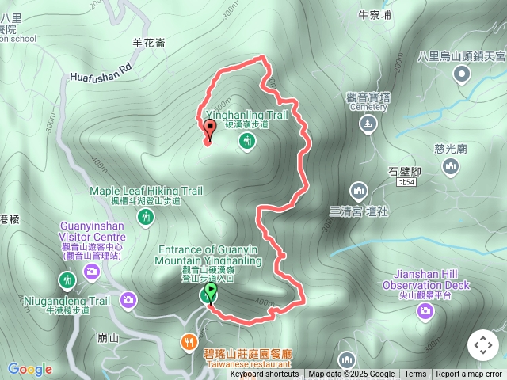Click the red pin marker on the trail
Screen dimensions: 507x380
(x=210, y=129)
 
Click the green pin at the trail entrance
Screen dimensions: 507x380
(x=210, y=292)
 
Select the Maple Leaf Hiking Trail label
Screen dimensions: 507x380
(x=147, y=191)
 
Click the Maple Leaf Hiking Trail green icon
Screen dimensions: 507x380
(x=145, y=218)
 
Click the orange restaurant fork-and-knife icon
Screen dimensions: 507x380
(x=189, y=341)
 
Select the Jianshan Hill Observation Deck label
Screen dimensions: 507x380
(x=426, y=279)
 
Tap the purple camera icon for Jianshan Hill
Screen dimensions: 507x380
(x=425, y=311)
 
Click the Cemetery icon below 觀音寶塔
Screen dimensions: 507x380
(x=368, y=124)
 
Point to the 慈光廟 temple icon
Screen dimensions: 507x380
(x=451, y=166)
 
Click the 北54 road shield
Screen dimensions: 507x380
(x=406, y=183)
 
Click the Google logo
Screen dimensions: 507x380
(x=29, y=369)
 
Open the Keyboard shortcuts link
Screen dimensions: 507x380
(x=265, y=374)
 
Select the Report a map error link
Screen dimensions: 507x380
(x=469, y=374)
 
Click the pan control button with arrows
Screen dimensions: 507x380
(x=483, y=345)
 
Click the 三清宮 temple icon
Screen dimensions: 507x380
(x=358, y=191)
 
